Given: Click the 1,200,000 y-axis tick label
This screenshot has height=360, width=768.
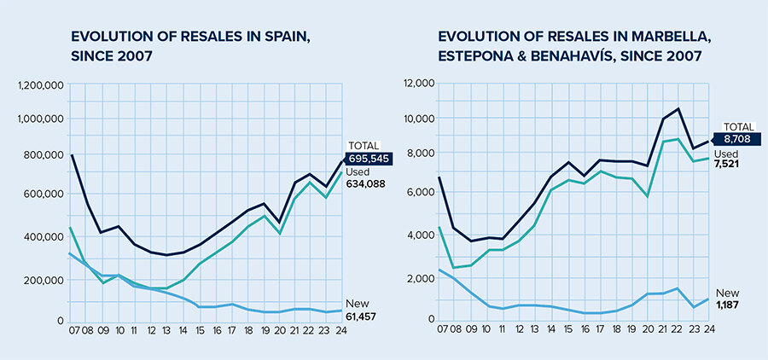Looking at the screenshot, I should (x=40, y=85).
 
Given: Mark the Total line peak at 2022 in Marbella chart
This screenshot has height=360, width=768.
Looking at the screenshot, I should (x=678, y=108).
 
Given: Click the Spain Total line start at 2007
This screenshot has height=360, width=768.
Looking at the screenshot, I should (x=72, y=154).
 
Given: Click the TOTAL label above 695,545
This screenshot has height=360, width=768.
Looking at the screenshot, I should (x=364, y=146).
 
